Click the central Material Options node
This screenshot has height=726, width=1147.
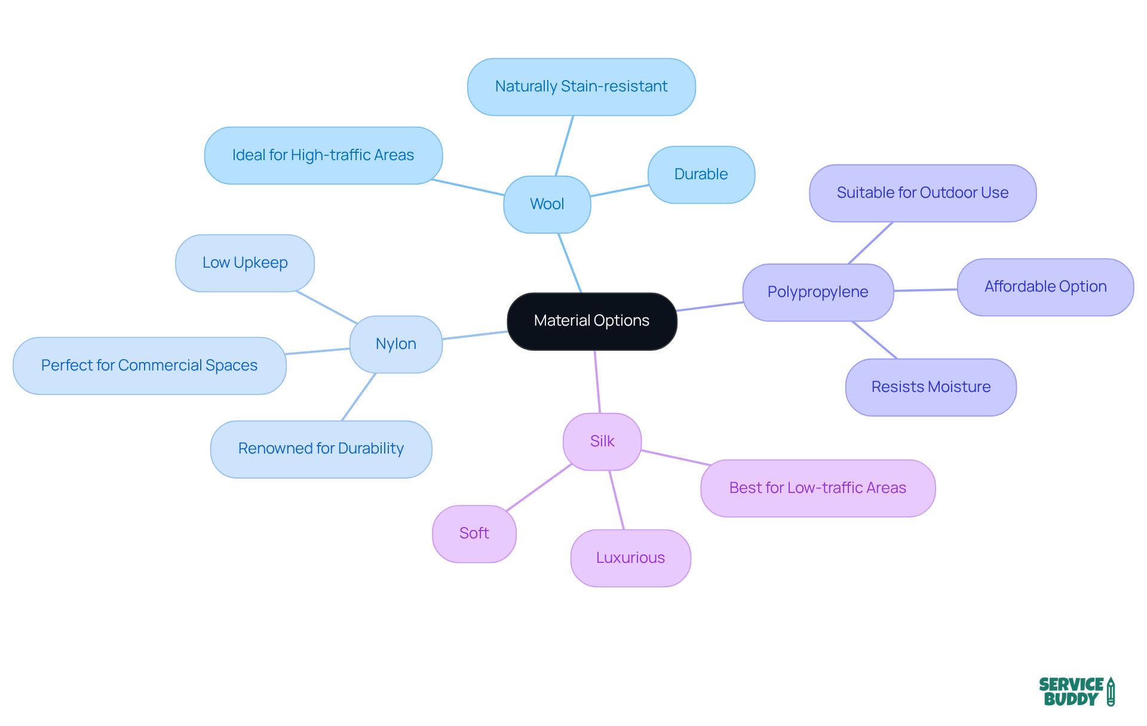coord(591,321)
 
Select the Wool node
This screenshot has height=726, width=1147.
coord(547,204)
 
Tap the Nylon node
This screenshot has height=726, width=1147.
coord(395,344)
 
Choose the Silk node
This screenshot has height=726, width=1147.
coord(602,442)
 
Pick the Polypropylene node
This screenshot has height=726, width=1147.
coord(817,292)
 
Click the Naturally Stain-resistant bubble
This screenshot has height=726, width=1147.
coord(581,87)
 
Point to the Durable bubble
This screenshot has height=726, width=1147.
coord(701,174)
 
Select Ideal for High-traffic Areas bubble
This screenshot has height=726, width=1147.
coord(323,155)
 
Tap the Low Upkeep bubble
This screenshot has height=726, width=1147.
coord(244,263)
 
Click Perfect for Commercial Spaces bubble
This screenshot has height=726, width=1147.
coord(149,366)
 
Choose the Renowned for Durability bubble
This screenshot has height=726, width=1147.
coord(321,449)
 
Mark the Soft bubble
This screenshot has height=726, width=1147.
coord(474,534)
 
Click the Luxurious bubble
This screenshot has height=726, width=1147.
coord(630,558)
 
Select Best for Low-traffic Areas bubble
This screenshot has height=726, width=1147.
coord(817,488)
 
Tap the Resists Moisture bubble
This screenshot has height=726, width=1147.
coord(930,387)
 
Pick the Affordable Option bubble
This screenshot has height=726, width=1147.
coord(1045,287)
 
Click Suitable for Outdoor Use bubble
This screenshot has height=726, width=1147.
coord(922,193)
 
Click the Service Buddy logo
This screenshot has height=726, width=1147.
coord(1076,692)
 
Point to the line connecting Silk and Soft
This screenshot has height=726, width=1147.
coord(539,487)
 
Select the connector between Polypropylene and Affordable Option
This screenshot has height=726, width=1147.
coord(925,290)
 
